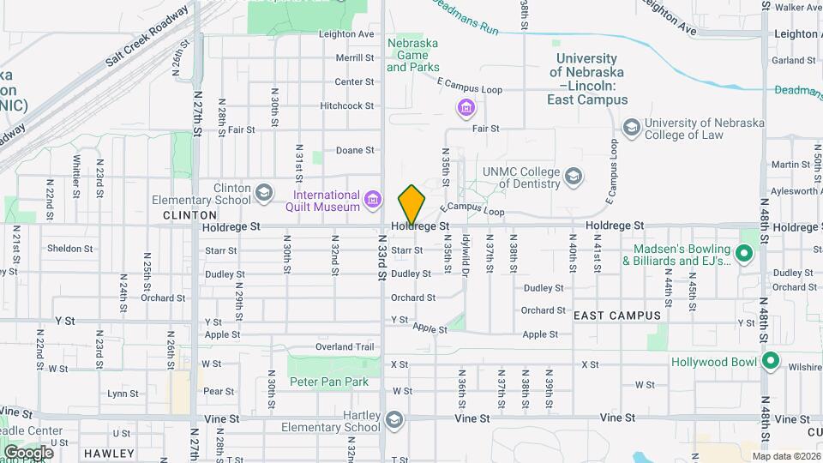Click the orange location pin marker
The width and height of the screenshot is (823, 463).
tap(411, 204)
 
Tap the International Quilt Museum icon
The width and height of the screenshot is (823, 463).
tap(373, 201)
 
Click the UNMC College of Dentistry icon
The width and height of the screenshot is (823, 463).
tap(574, 177)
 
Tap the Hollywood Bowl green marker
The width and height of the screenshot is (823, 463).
tap(770, 362)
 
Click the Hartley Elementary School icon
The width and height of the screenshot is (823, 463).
tap(393, 420)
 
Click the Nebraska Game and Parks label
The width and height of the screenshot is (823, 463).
tap(412, 55)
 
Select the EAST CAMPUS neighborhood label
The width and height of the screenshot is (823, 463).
tap(617, 316)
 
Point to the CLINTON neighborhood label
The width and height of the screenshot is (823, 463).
tap(189, 214)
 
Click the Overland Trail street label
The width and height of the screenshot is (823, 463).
tap(345, 347)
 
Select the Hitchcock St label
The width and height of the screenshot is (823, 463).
tap(347, 106)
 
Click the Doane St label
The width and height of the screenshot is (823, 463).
tap(355, 150)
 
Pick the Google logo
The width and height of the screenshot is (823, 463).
tap(28, 452)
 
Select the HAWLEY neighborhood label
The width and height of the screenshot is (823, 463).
tap(109, 453)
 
